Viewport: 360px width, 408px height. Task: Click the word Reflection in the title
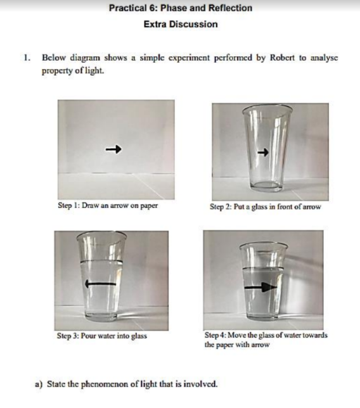(x=230, y=8)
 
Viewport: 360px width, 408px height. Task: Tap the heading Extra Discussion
(x=181, y=24)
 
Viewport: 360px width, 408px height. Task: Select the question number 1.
(x=26, y=58)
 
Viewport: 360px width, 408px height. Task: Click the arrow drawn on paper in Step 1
(x=113, y=149)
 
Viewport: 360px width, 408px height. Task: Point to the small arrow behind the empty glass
(x=263, y=152)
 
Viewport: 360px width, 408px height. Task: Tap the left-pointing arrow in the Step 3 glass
(x=100, y=283)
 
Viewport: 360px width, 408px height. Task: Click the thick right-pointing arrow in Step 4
(x=260, y=287)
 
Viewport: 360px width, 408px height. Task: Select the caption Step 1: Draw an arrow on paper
(x=108, y=205)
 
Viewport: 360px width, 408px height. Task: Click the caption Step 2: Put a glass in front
(x=266, y=207)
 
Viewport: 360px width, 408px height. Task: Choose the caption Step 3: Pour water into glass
(x=102, y=336)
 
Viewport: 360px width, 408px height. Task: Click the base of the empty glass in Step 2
(x=266, y=185)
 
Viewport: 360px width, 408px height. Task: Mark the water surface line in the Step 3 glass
(x=101, y=261)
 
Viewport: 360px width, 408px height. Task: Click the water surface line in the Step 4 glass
(x=263, y=268)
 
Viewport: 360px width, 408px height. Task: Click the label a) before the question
(x=39, y=384)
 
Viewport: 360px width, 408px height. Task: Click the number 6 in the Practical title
(x=153, y=8)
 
